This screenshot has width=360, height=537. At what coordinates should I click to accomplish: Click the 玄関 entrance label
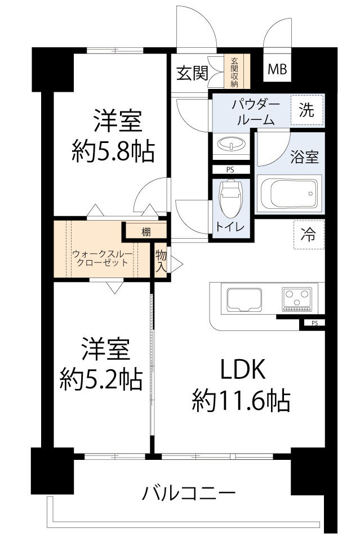click(192, 73)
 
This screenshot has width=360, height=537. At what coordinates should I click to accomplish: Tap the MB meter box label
click(277, 70)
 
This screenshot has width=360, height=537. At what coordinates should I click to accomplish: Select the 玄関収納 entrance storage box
click(233, 72)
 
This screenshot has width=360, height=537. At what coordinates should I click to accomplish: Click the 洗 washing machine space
click(307, 110)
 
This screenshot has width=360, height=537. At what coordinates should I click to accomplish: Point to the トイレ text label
click(229, 227)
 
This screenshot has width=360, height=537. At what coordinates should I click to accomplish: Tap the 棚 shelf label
click(146, 231)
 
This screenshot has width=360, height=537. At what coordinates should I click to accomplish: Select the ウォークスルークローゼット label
click(103, 258)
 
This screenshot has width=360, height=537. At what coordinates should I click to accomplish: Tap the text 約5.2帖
click(101, 381)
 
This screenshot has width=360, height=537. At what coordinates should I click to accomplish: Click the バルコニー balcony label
click(188, 495)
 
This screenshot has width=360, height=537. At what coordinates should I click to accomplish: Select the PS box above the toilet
click(229, 169)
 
